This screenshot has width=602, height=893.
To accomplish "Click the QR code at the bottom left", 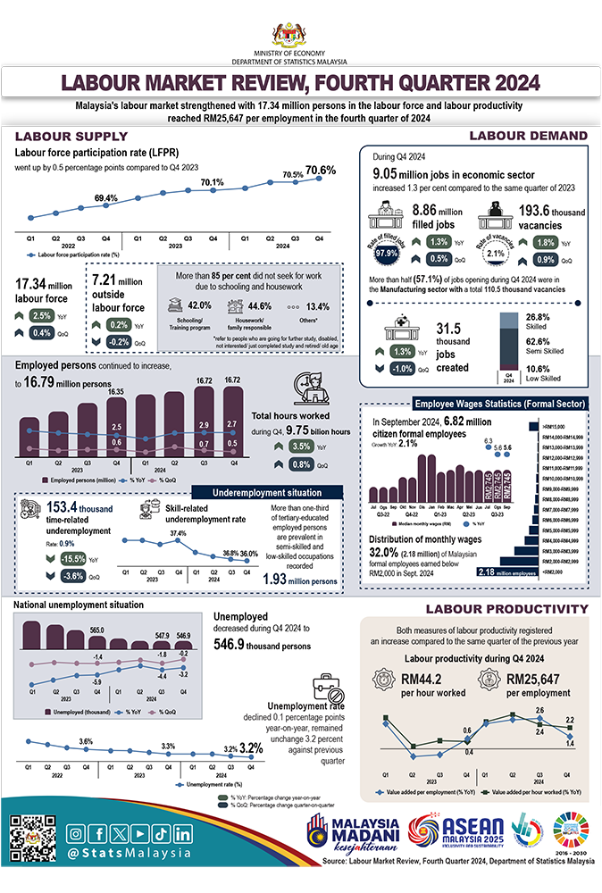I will point(32,839).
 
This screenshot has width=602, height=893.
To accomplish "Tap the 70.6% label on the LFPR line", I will point(321,170).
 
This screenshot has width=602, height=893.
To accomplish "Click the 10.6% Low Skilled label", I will point(539,369).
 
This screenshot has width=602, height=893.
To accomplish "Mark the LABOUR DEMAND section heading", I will point(527,136).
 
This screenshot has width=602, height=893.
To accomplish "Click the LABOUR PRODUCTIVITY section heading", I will point(504,609).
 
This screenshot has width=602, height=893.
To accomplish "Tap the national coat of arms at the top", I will point(300,35).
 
